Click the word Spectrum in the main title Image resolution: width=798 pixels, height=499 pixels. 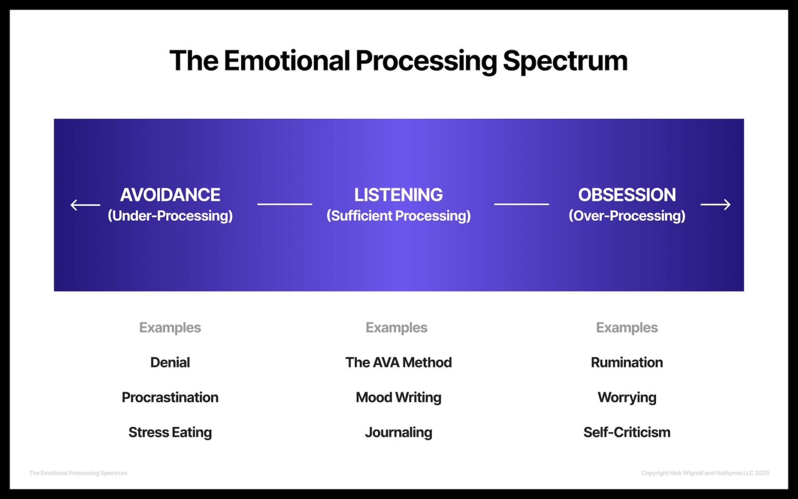click(565, 61)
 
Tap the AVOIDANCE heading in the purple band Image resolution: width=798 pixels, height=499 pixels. click(170, 195)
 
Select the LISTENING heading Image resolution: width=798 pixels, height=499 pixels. click(398, 195)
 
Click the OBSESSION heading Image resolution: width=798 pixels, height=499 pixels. click(627, 195)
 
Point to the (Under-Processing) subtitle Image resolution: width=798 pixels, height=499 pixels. click(170, 216)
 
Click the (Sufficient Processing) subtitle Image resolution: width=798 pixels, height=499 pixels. click(398, 216)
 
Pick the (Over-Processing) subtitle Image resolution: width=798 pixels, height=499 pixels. click(627, 216)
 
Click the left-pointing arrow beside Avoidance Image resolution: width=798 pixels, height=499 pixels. click(85, 205)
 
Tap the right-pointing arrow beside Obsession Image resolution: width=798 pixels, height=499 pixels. click(715, 205)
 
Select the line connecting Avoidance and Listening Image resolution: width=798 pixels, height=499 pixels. click(284, 204)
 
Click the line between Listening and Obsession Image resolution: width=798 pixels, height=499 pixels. click(521, 204)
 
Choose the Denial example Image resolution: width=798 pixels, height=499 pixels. click(170, 362)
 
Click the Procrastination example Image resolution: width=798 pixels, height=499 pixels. click(170, 397)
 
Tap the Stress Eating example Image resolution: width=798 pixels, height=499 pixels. click(170, 432)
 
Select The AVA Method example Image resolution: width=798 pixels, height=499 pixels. click(398, 362)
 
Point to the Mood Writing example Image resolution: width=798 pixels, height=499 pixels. click(398, 397)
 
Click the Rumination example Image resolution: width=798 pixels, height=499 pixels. click(627, 362)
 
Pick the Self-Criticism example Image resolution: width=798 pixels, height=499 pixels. click(627, 432)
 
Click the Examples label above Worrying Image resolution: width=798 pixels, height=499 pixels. click(627, 327)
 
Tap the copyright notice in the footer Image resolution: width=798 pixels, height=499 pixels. click(705, 473)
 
